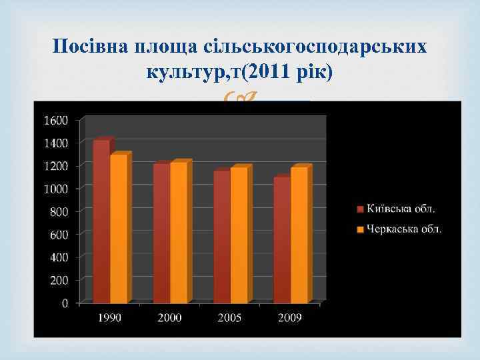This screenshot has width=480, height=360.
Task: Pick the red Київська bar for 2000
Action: pyautogui.click(x=161, y=233)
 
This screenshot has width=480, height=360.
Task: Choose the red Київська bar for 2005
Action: pyautogui.click(x=221, y=237)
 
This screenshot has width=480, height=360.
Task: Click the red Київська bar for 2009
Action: pyautogui.click(x=281, y=240)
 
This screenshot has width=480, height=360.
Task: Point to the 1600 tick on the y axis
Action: pyautogui.click(x=55, y=120)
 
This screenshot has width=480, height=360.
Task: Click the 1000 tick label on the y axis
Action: pyautogui.click(x=55, y=189)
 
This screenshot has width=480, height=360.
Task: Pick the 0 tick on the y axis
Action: pyautogui.click(x=65, y=303)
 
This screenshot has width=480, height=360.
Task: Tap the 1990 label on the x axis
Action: pyautogui.click(x=110, y=317)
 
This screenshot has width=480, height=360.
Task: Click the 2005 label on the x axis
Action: pyautogui.click(x=230, y=317)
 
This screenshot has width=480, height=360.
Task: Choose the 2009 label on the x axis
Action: pyautogui.click(x=290, y=317)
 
